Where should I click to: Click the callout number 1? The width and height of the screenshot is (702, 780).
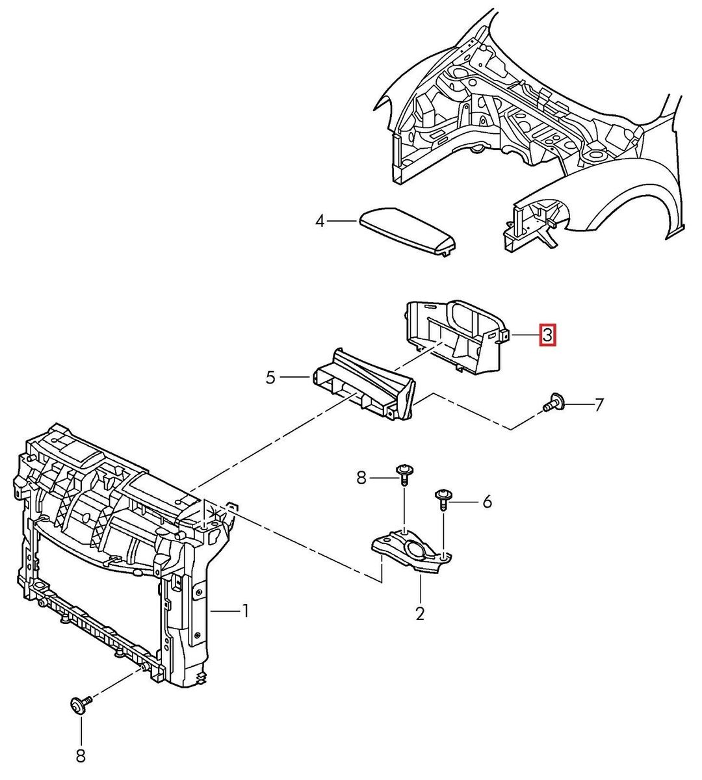coord(246,610)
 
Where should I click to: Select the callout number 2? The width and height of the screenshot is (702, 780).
coord(420,613)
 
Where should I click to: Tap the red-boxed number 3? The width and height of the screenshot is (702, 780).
coord(547,335)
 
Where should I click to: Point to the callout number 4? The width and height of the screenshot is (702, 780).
coord(320,222)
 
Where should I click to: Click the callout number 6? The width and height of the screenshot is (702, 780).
coord(487,501)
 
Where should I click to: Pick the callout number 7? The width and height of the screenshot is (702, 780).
coord(599,405)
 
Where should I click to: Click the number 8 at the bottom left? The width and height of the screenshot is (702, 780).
coord(81,755)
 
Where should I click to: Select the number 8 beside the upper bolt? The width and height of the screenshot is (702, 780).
coord(362,479)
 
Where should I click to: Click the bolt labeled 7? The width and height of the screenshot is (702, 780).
coord(553,404)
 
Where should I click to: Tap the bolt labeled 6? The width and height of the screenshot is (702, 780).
coord(443,499)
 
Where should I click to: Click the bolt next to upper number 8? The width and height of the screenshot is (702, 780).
coord(403,474)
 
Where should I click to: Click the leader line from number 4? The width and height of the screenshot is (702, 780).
coord(342,222)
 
